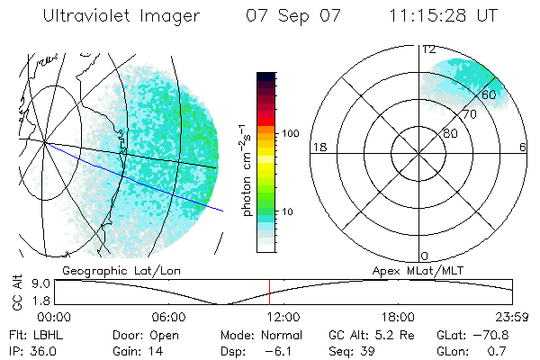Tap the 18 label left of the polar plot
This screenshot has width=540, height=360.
pos(318,147)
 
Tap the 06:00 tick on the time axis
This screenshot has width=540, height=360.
pos(168,317)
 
